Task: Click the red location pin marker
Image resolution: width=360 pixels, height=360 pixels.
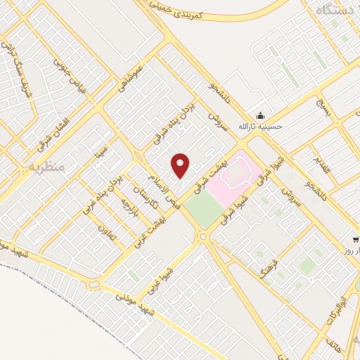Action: click(181, 165)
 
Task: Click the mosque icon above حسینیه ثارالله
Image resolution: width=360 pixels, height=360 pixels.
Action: click(261, 115)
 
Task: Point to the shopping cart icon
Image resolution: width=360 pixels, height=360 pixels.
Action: click(355, 240)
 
